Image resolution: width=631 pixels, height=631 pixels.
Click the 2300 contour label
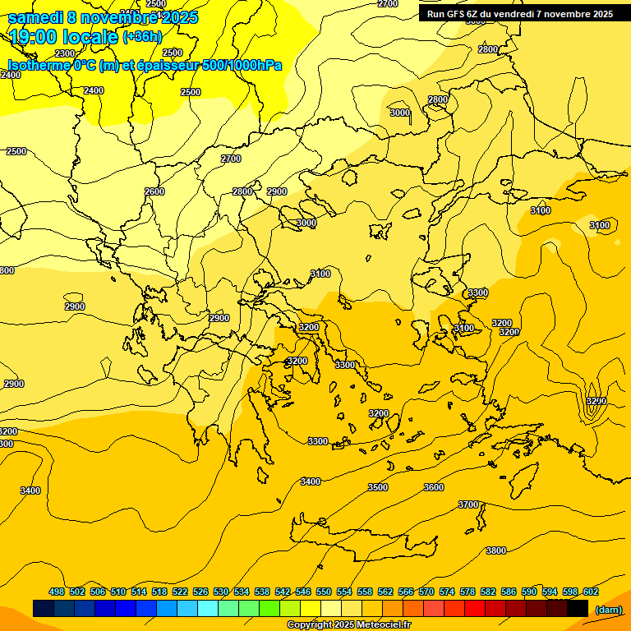65,53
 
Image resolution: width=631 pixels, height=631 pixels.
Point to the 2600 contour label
154,191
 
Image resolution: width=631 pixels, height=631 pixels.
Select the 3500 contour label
378,487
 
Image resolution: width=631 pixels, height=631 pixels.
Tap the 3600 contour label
434,487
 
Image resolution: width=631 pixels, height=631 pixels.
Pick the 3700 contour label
468,504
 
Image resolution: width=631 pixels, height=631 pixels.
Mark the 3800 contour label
496,550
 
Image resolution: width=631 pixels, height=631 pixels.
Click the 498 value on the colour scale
57,592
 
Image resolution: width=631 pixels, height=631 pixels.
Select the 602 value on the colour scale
591,592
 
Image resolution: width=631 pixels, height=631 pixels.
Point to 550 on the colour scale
324,592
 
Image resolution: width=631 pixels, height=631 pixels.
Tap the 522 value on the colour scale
180,592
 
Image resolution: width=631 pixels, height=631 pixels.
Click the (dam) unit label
609,610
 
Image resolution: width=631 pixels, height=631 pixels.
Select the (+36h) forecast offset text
142,37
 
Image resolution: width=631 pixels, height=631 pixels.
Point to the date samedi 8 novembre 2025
103,17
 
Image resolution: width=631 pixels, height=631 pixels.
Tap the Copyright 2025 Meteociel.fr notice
349,624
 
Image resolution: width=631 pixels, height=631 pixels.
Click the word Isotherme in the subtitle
38,64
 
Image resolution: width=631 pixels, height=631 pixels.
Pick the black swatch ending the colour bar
578,609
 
